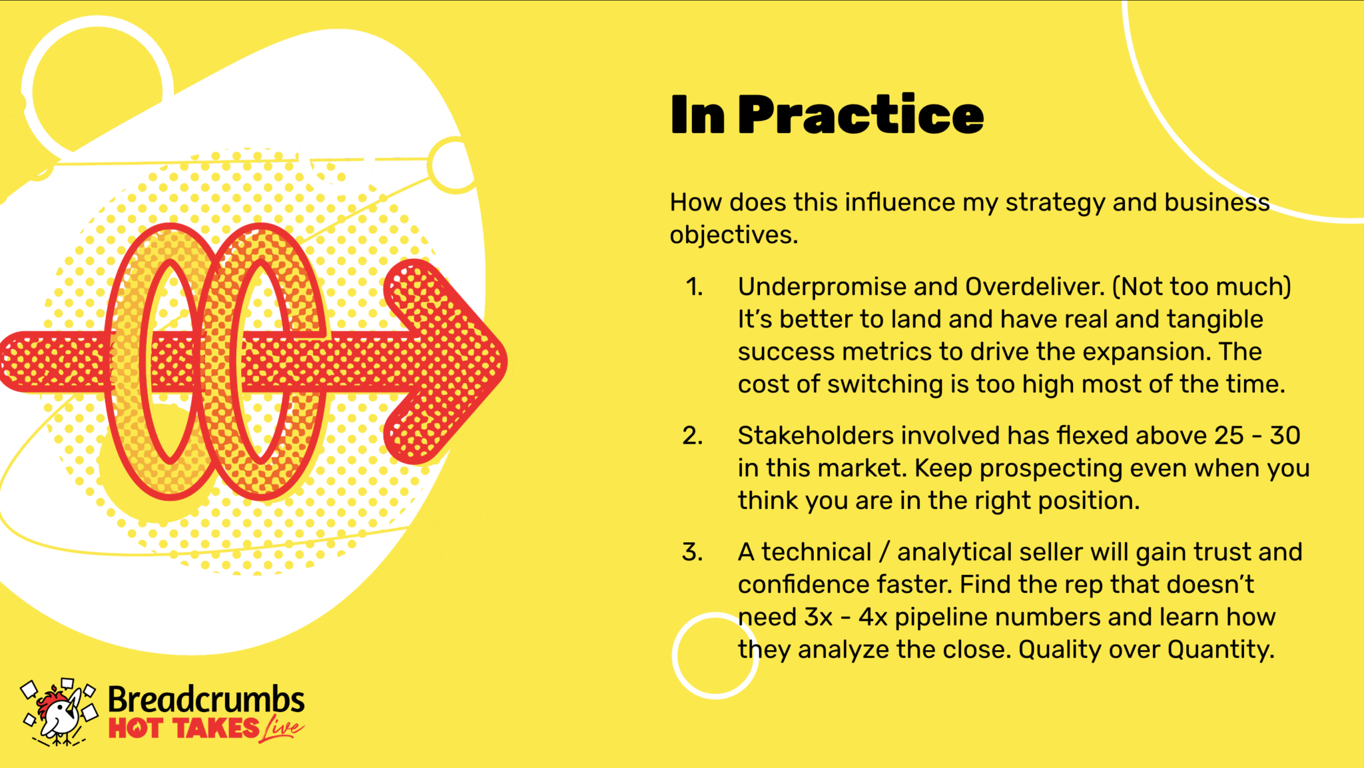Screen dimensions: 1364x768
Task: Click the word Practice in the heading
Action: (860, 115)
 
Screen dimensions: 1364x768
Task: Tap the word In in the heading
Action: (697, 115)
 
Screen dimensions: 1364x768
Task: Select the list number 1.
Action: (695, 287)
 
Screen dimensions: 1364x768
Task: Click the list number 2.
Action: (693, 436)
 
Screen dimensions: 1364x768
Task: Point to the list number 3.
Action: (693, 552)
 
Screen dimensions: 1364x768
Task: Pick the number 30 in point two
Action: (1285, 436)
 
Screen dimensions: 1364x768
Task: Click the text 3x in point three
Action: (818, 617)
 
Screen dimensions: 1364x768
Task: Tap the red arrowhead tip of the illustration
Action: (506, 362)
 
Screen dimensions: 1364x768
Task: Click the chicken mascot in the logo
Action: (59, 712)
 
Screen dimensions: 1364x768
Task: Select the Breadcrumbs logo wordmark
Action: (206, 700)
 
